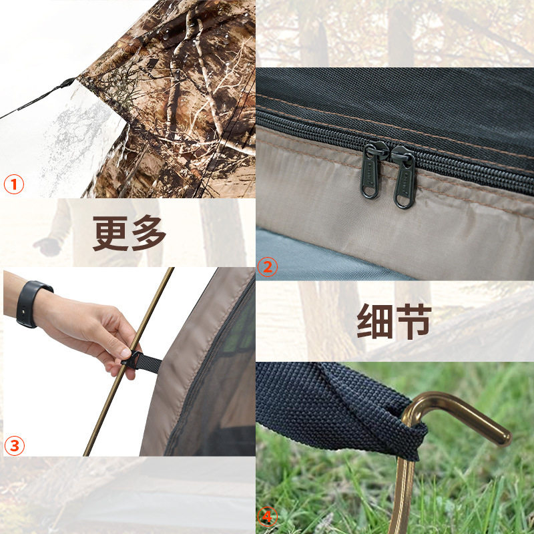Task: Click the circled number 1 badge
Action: pyautogui.click(x=14, y=184)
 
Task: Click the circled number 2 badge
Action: pyautogui.click(x=267, y=268)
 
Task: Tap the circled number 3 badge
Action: pyautogui.click(x=14, y=445)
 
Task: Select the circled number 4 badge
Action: pyautogui.click(x=267, y=517)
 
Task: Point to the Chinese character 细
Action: pyautogui.click(x=374, y=321)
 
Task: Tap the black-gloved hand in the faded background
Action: pyautogui.click(x=48, y=246)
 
